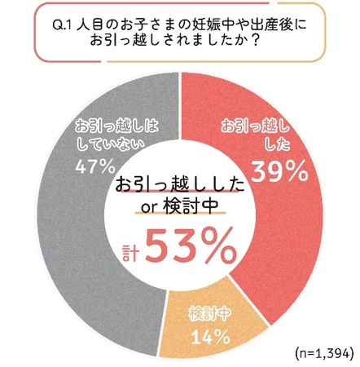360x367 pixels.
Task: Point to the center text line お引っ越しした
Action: [x=180, y=183]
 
